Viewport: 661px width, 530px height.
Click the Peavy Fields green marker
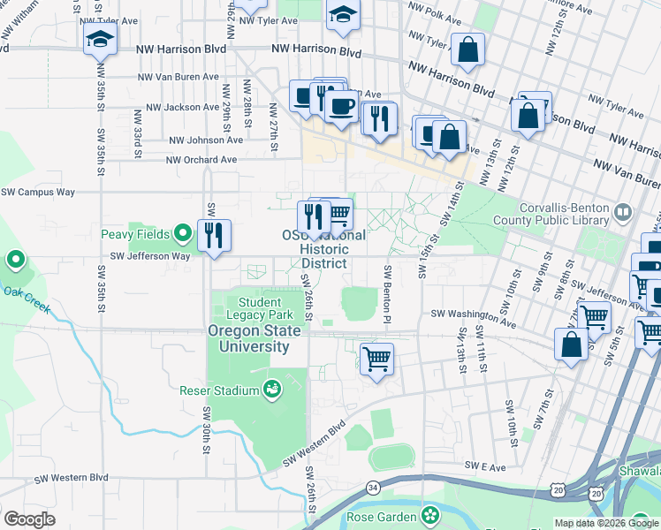[x=183, y=234]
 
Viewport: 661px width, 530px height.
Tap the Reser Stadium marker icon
[x=273, y=390]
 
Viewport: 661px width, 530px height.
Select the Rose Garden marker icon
[x=430, y=513]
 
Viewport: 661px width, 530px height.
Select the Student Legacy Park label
[x=258, y=308]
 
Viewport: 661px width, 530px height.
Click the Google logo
[x=29, y=519]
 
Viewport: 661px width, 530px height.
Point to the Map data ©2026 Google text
[x=606, y=523]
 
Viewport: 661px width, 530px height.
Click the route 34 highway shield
[x=374, y=487]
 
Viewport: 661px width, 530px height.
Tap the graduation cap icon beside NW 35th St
[x=101, y=38]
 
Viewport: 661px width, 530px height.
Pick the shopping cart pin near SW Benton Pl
[x=376, y=359]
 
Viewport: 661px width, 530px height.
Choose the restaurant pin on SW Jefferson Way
[x=214, y=235]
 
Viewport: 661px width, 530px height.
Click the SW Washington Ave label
[x=473, y=314]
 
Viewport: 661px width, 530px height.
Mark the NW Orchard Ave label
[x=202, y=160]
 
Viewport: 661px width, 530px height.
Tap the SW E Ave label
[x=483, y=465]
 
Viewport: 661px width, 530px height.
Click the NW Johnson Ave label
[x=205, y=140]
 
